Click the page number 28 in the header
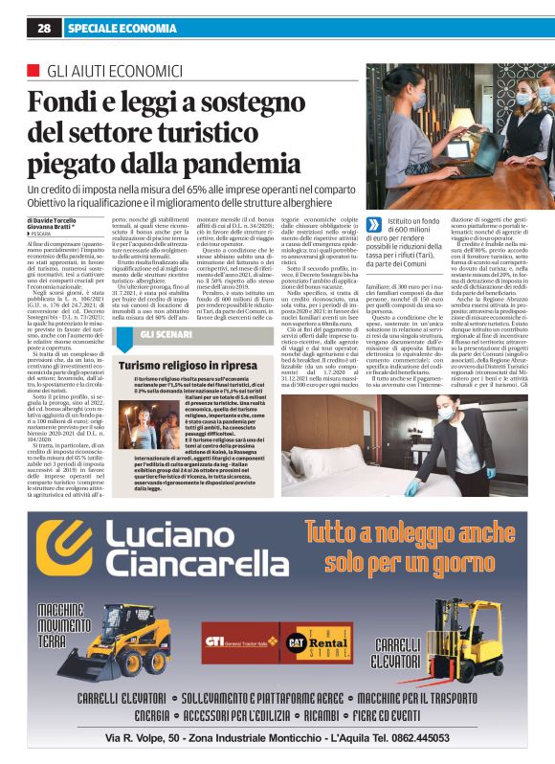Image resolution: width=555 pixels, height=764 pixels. (x=44, y=29)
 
